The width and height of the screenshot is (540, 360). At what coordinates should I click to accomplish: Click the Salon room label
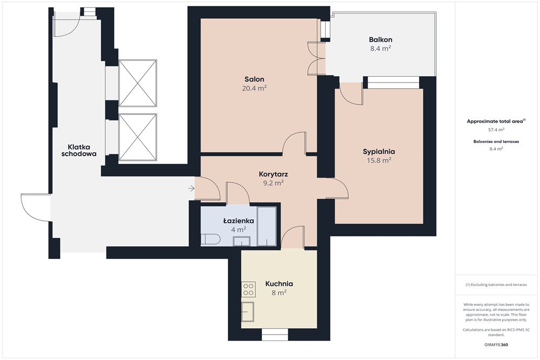(x=254, y=79)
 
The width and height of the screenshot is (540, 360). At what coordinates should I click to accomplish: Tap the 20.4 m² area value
(x=254, y=88)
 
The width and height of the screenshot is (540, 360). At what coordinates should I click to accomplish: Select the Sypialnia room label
(x=379, y=152)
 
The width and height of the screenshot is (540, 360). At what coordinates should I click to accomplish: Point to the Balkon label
(x=381, y=39)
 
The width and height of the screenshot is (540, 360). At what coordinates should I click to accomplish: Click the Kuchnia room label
(x=279, y=284)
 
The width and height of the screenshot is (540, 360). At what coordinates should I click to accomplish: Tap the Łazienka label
(x=239, y=221)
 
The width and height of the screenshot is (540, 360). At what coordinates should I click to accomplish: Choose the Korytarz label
(x=273, y=174)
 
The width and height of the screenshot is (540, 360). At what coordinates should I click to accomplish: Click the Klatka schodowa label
(x=79, y=151)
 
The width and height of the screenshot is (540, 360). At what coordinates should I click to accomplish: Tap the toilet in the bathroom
(x=211, y=240)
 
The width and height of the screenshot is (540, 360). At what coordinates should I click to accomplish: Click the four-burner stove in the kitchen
(x=248, y=289)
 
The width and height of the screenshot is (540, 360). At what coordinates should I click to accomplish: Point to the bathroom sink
(x=241, y=241)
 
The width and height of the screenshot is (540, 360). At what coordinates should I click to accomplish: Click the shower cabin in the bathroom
(x=267, y=226)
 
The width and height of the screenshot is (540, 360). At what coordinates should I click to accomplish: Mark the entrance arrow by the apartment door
(x=192, y=188)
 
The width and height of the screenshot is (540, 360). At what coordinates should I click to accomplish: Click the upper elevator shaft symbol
(x=138, y=83)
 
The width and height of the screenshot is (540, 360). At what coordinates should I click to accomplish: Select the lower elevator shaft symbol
(x=138, y=137)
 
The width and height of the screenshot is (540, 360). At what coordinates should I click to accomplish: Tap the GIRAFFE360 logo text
(x=496, y=344)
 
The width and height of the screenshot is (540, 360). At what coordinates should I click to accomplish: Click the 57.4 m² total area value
(x=496, y=130)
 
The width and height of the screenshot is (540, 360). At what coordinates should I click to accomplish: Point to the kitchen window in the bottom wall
(x=275, y=334)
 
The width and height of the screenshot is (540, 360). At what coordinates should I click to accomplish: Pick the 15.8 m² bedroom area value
(x=379, y=160)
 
